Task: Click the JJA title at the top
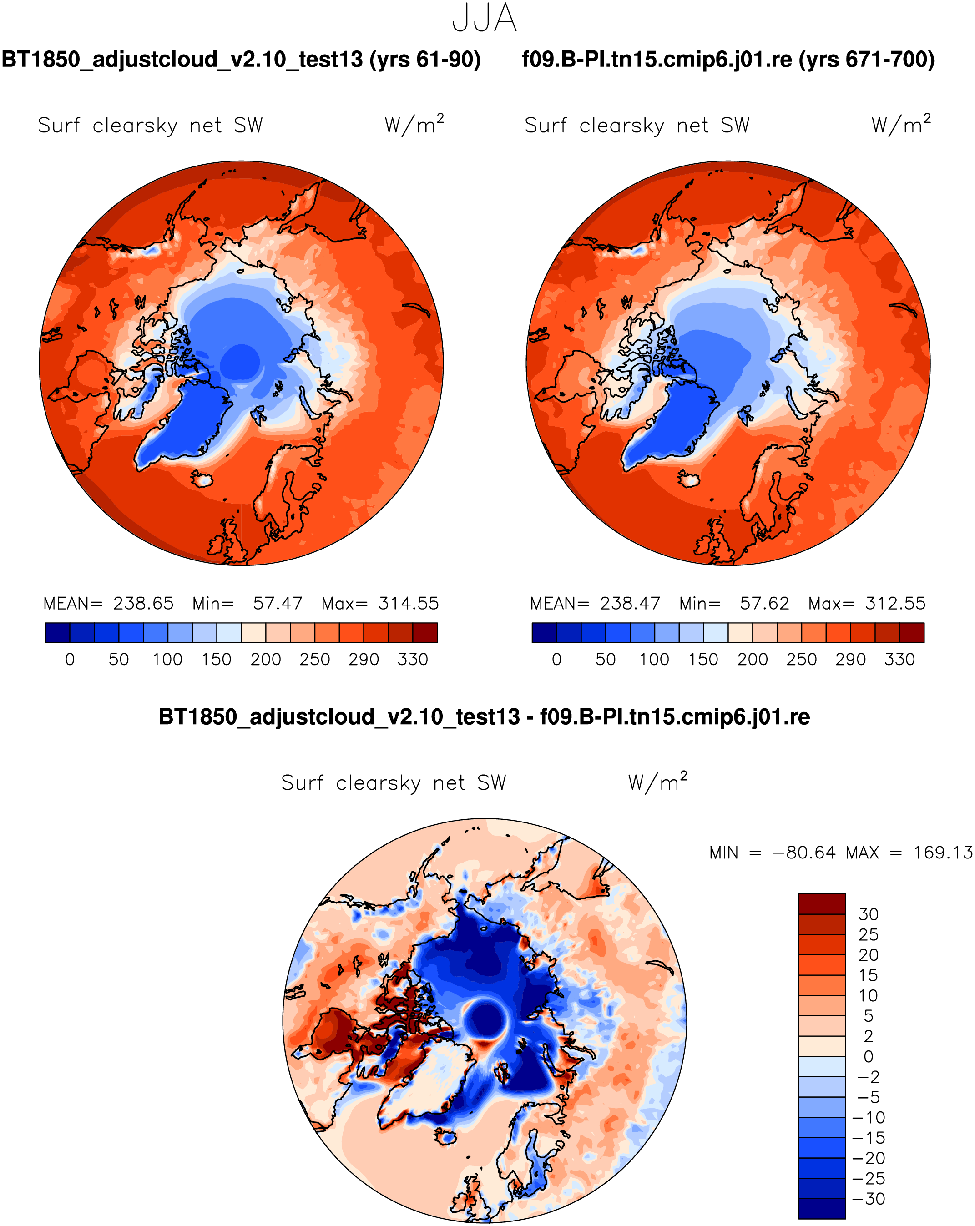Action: (485, 19)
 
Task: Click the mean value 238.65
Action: (143, 603)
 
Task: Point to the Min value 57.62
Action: (764, 603)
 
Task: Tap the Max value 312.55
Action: (895, 603)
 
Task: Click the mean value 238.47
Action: (630, 603)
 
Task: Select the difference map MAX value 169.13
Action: (943, 853)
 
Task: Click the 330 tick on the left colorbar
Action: (412, 660)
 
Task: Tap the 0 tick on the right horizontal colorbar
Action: (556, 660)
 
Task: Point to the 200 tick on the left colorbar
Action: (266, 660)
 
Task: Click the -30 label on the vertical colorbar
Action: (869, 1199)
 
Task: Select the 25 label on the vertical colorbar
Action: (869, 934)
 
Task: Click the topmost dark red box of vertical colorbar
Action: (821, 903)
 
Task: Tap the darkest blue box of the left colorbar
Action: (57, 632)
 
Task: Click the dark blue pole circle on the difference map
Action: (486, 1020)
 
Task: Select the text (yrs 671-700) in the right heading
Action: (866, 60)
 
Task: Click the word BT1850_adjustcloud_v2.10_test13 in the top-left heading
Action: (182, 60)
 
